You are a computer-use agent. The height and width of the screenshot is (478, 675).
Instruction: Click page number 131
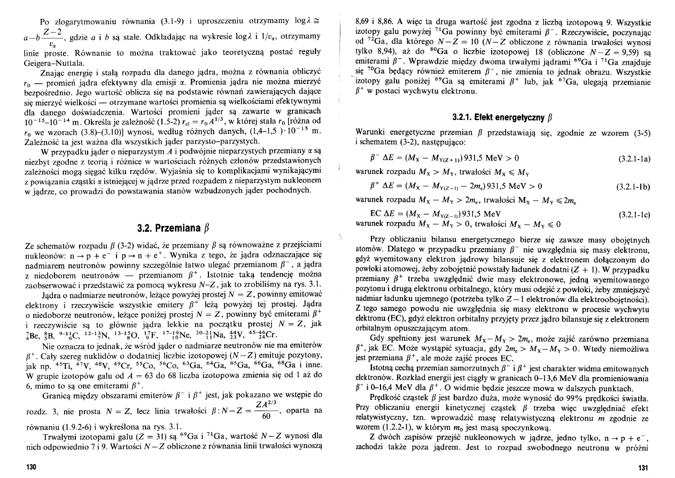(x=643, y=468)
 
